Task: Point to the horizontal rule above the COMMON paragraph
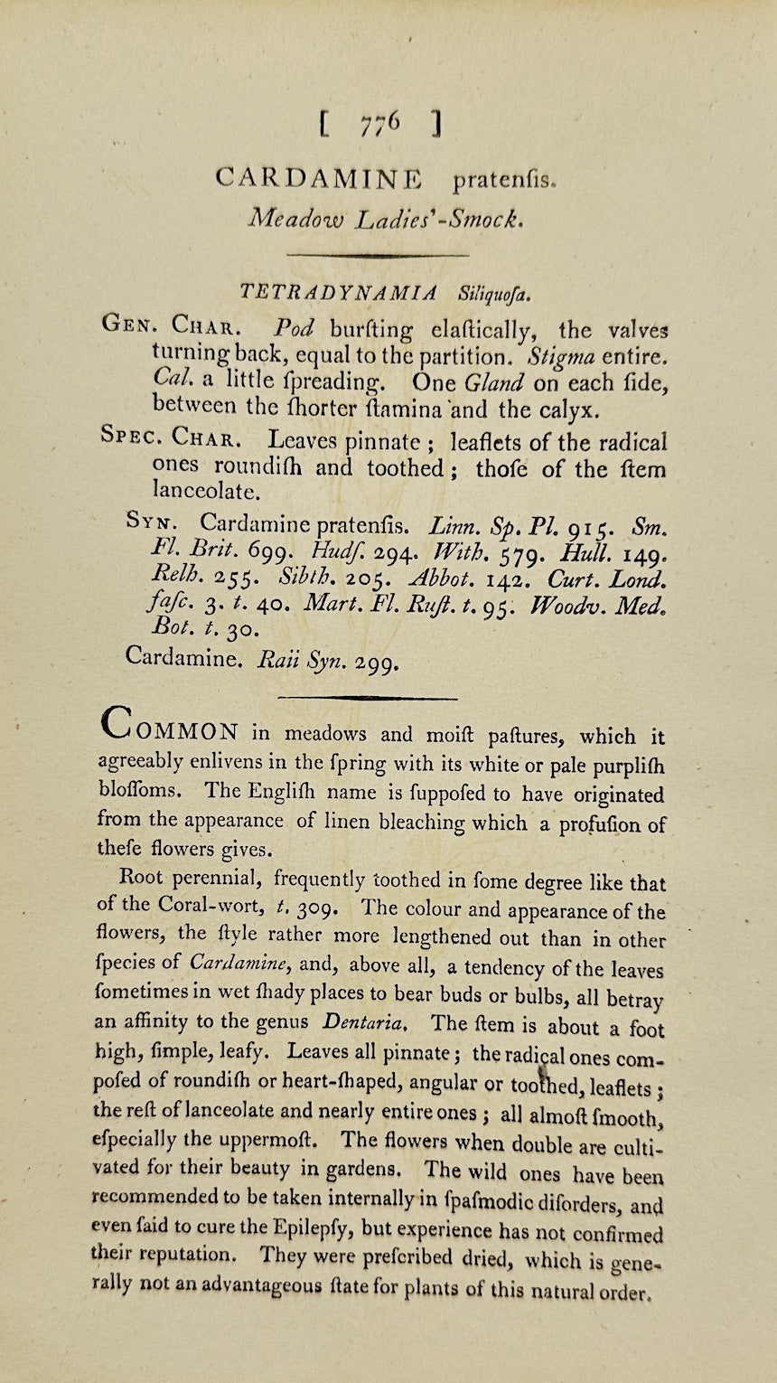(x=367, y=697)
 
